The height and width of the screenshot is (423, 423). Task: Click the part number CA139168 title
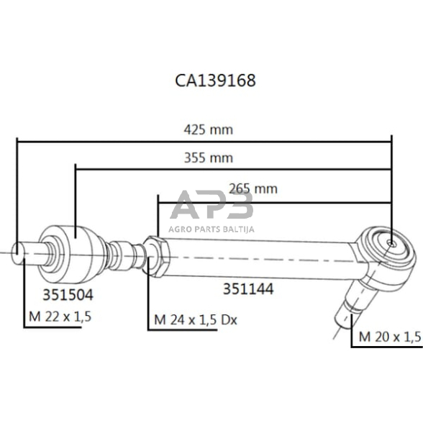click(214, 80)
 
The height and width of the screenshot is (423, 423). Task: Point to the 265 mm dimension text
click(253, 188)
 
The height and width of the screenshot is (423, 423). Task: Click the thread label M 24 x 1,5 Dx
click(196, 319)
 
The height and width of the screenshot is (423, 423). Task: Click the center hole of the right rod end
click(389, 243)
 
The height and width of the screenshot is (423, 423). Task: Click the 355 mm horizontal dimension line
click(144, 170)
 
